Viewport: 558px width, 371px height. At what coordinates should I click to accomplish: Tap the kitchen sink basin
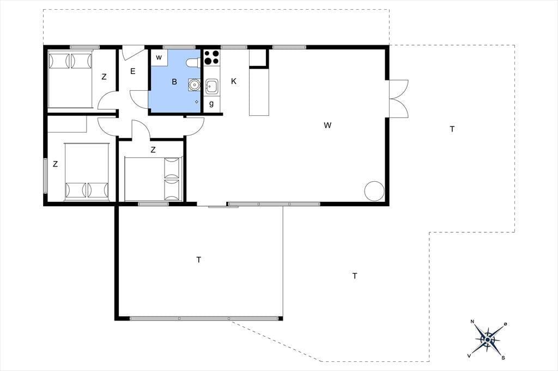coord(211,86)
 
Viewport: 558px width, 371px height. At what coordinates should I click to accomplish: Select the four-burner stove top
coord(211,58)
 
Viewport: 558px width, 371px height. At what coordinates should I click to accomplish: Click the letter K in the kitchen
coord(234,82)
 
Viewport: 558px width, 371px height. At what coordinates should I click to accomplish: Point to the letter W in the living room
coord(327,125)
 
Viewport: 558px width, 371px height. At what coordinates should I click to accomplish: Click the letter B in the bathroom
coord(174,82)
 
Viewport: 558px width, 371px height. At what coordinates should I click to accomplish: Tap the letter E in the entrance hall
coord(133,71)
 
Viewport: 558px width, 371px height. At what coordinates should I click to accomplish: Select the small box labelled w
coord(159,58)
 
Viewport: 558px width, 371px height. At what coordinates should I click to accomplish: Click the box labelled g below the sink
coord(212,104)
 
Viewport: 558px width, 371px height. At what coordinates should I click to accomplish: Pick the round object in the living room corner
coord(374,191)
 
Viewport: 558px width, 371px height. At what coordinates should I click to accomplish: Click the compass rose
coord(488,340)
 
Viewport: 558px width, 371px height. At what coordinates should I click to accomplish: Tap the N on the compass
coord(472,322)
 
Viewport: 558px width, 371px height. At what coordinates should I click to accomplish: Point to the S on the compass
coord(503,358)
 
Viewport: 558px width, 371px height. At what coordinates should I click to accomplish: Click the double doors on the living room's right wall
coord(398,99)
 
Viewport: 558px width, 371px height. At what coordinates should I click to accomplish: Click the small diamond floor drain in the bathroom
coord(197,102)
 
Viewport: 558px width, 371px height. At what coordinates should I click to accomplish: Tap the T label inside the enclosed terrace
coord(198,260)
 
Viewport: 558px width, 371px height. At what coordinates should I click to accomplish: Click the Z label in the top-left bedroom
coord(104,77)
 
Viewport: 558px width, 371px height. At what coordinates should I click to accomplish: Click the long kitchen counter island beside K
coord(259,92)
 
